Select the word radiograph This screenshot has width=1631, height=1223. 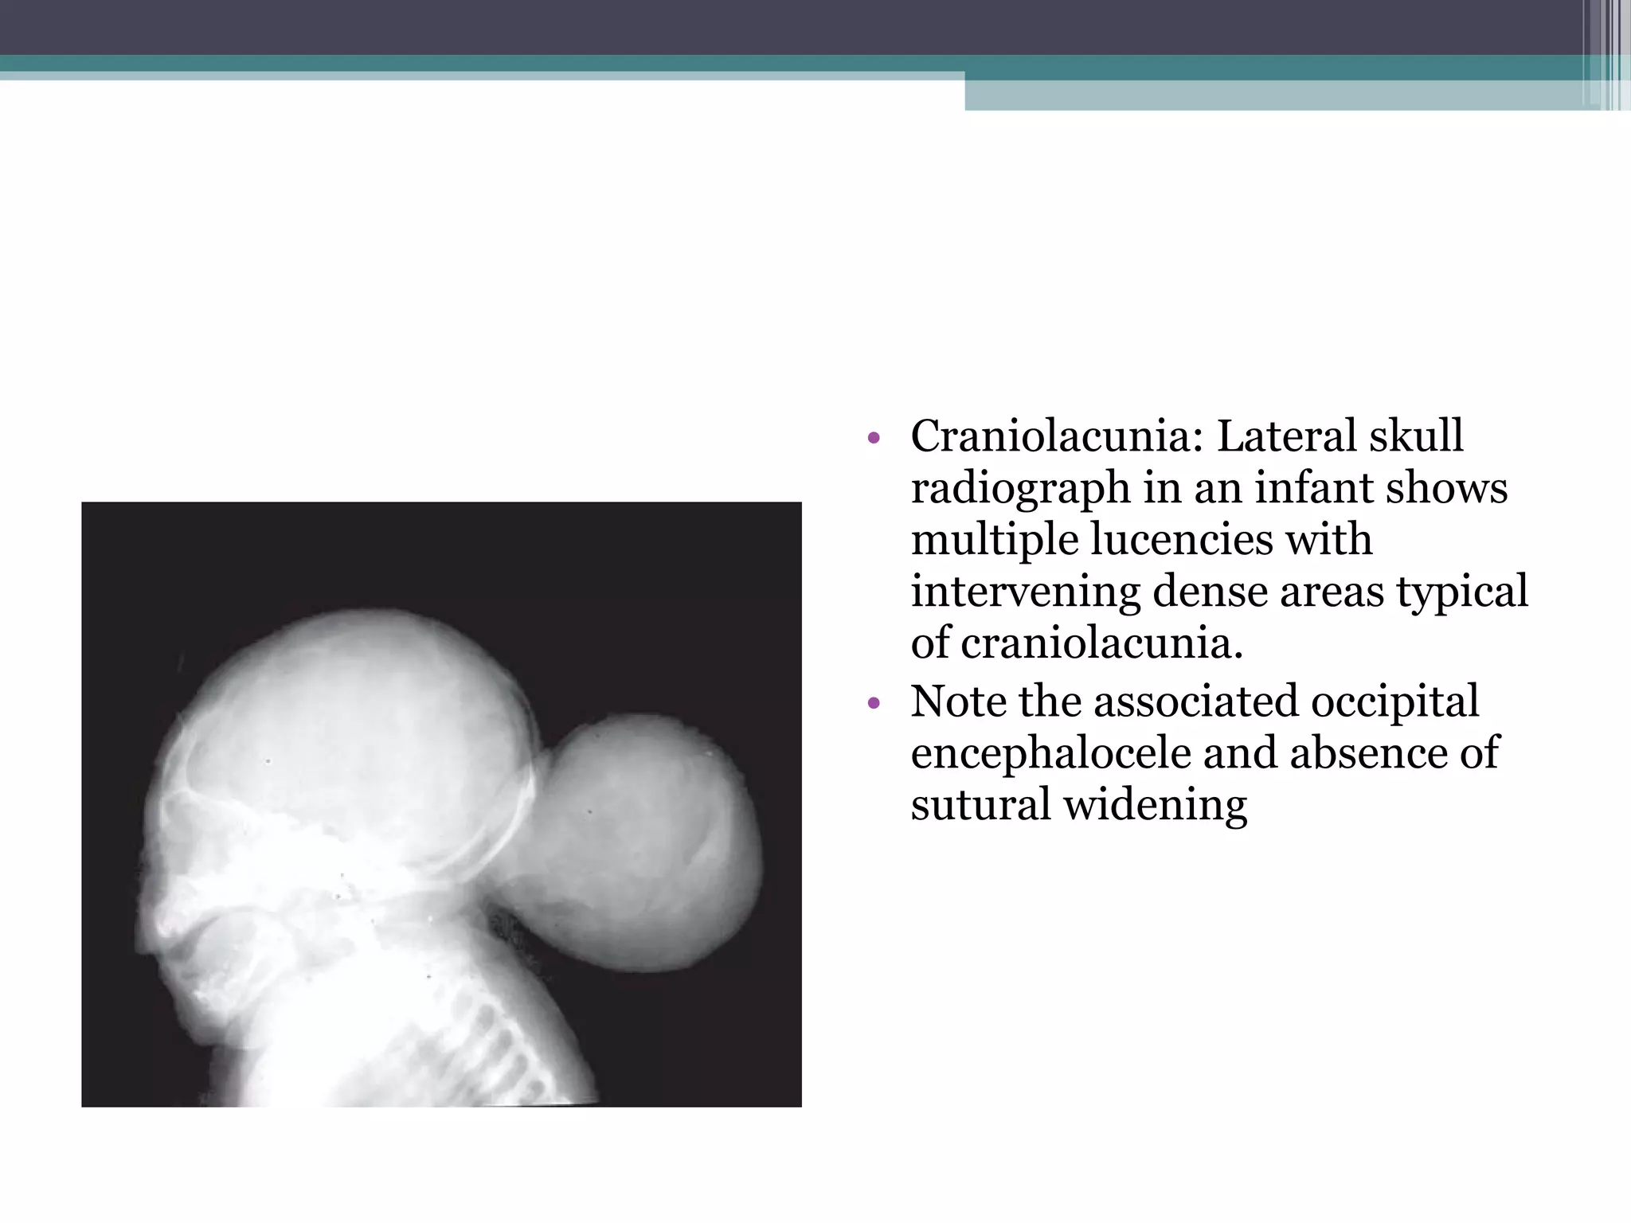tap(1020, 489)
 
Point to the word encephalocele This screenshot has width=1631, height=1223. tap(1050, 753)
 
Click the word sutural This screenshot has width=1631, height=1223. tap(980, 804)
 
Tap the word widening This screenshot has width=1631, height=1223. tap(1156, 804)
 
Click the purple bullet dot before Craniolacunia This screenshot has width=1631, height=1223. tap(874, 438)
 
